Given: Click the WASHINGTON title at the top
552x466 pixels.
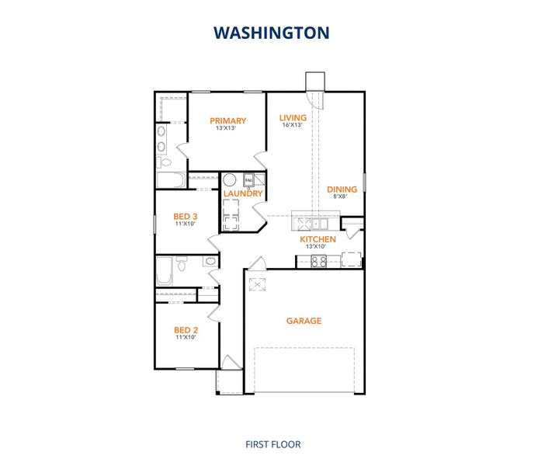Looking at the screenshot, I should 272,33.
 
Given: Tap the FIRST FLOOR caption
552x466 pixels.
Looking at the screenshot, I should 273,444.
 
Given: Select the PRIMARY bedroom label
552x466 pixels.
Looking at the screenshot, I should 228,120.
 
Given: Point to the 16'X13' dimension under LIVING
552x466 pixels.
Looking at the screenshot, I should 293,126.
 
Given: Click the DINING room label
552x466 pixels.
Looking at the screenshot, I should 342,189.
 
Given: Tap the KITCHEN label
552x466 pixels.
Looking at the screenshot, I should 318,239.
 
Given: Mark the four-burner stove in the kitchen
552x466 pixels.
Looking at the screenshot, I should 319,261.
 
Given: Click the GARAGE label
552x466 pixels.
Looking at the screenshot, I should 304,321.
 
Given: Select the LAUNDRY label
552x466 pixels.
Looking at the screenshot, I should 243,193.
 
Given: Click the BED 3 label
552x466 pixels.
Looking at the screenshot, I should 185,216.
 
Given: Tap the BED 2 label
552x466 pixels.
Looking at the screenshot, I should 185,330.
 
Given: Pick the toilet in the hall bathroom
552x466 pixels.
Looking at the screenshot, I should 181,265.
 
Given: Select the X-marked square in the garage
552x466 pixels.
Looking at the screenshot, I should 258,285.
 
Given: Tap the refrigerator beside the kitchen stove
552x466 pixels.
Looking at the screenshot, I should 352,259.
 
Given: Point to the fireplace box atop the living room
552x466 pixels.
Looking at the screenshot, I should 314,82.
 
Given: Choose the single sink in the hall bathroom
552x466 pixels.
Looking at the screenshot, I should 210,262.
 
